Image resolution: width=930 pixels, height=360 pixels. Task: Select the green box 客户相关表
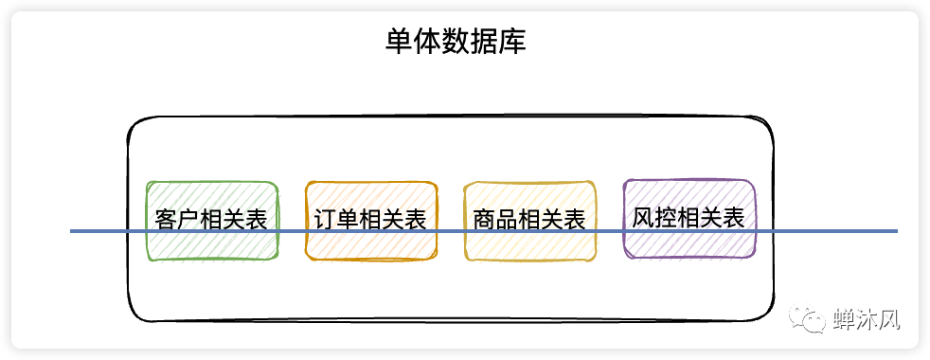pos(211,220)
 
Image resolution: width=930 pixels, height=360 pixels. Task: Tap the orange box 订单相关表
pos(371,220)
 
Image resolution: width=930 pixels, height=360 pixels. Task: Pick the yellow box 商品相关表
pos(529,220)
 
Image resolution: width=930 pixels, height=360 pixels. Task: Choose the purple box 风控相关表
pos(689,218)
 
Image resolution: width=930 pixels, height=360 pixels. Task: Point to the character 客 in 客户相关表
pos(166,220)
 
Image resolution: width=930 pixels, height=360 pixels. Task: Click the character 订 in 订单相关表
pos(326,220)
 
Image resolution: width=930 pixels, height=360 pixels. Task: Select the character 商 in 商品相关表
pos(484,220)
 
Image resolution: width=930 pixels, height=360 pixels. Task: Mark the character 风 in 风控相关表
pos(643,217)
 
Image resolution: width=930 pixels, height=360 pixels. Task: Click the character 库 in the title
pos(512,43)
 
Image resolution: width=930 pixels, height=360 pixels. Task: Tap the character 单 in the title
pos(399,43)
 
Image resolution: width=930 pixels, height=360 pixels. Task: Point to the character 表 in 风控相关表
pos(734,217)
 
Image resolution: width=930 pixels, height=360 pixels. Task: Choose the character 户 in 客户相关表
pos(188,220)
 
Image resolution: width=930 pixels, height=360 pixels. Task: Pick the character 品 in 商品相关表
pos(507,220)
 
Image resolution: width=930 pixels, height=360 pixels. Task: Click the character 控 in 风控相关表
pos(666,217)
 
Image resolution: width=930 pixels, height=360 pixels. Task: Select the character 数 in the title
pos(456,43)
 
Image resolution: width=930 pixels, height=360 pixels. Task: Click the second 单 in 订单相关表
pos(349,220)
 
